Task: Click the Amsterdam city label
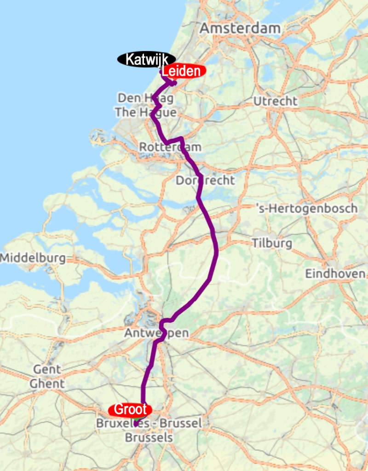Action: click(240, 28)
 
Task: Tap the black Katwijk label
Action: click(146, 59)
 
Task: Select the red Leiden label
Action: click(182, 71)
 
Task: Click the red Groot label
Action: click(130, 409)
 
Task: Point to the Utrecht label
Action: click(276, 101)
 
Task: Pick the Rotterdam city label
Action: click(170, 147)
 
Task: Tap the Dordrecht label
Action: click(205, 180)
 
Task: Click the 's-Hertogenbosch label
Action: click(306, 209)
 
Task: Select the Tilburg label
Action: click(271, 243)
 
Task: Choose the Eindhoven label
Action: click(335, 273)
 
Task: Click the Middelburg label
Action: click(33, 258)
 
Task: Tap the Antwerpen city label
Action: click(156, 333)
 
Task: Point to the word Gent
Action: click(46, 369)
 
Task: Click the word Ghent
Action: click(47, 383)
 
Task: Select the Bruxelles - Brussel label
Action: click(149, 423)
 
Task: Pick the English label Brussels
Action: click(149, 437)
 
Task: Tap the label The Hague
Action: click(145, 112)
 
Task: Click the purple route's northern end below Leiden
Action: click(175, 83)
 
